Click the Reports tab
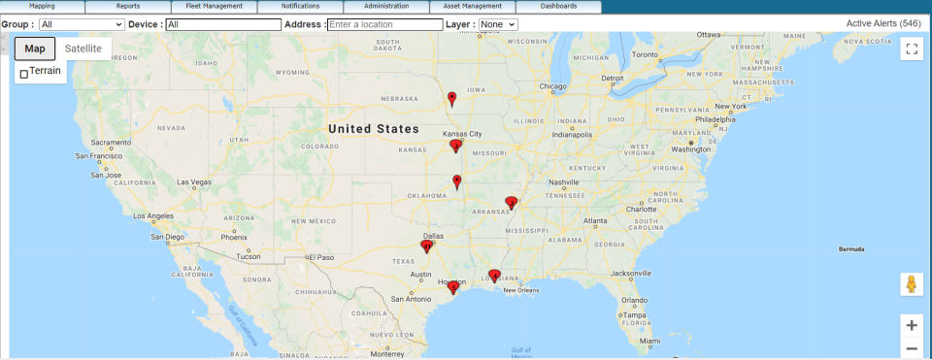click(x=128, y=6)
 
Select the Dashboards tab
click(x=558, y=6)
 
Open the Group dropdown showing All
click(x=82, y=23)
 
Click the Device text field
click(x=222, y=23)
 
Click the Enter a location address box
click(x=384, y=23)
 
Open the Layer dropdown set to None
click(x=498, y=23)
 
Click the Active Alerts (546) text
click(x=883, y=22)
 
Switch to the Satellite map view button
click(x=83, y=49)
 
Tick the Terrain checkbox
click(x=24, y=74)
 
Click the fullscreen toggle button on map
click(x=911, y=49)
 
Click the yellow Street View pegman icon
click(x=911, y=284)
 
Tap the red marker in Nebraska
click(x=451, y=98)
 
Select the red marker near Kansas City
click(x=455, y=147)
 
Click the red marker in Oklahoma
click(x=457, y=181)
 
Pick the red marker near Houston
click(x=452, y=287)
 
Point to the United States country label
click(x=373, y=129)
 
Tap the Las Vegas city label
click(x=194, y=182)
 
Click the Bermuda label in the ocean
click(x=851, y=249)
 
